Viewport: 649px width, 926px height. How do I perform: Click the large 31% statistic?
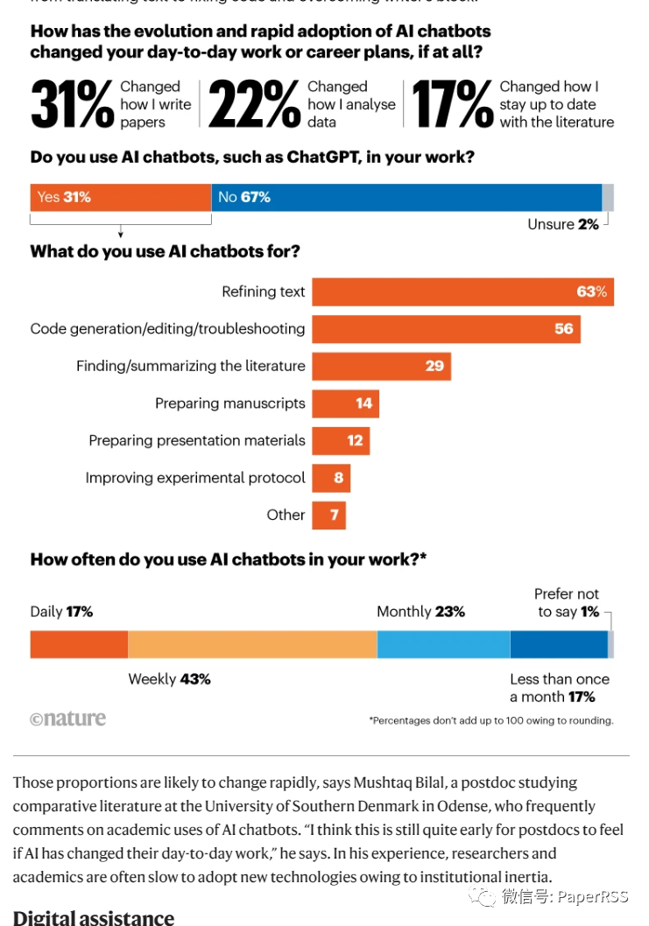[x=72, y=105]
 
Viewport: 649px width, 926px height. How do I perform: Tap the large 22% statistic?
[x=254, y=105]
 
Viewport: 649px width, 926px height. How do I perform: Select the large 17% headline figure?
[x=452, y=105]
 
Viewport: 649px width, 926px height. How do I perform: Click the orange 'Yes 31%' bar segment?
[x=120, y=198]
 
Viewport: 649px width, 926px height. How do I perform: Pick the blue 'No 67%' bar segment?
[x=406, y=198]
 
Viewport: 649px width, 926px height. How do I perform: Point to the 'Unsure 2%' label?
[x=562, y=225]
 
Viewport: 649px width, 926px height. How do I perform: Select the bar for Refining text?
[x=462, y=291]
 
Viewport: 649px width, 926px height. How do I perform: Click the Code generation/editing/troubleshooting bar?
[x=446, y=329]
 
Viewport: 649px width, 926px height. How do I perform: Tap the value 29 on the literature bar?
[x=434, y=366]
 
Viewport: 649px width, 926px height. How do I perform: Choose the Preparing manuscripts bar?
[x=345, y=403]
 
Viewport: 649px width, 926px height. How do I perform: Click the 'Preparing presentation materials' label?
[x=197, y=441]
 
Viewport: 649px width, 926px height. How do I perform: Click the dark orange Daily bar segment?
[x=79, y=644]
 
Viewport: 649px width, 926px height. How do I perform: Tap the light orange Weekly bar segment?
[x=252, y=644]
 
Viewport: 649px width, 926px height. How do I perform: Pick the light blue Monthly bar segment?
[x=443, y=644]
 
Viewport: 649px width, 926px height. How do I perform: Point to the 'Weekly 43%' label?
[x=169, y=679]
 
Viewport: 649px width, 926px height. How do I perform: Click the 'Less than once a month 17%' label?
[x=559, y=688]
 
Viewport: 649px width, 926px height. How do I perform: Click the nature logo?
[x=67, y=719]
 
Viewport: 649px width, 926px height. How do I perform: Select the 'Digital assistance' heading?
[x=94, y=916]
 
